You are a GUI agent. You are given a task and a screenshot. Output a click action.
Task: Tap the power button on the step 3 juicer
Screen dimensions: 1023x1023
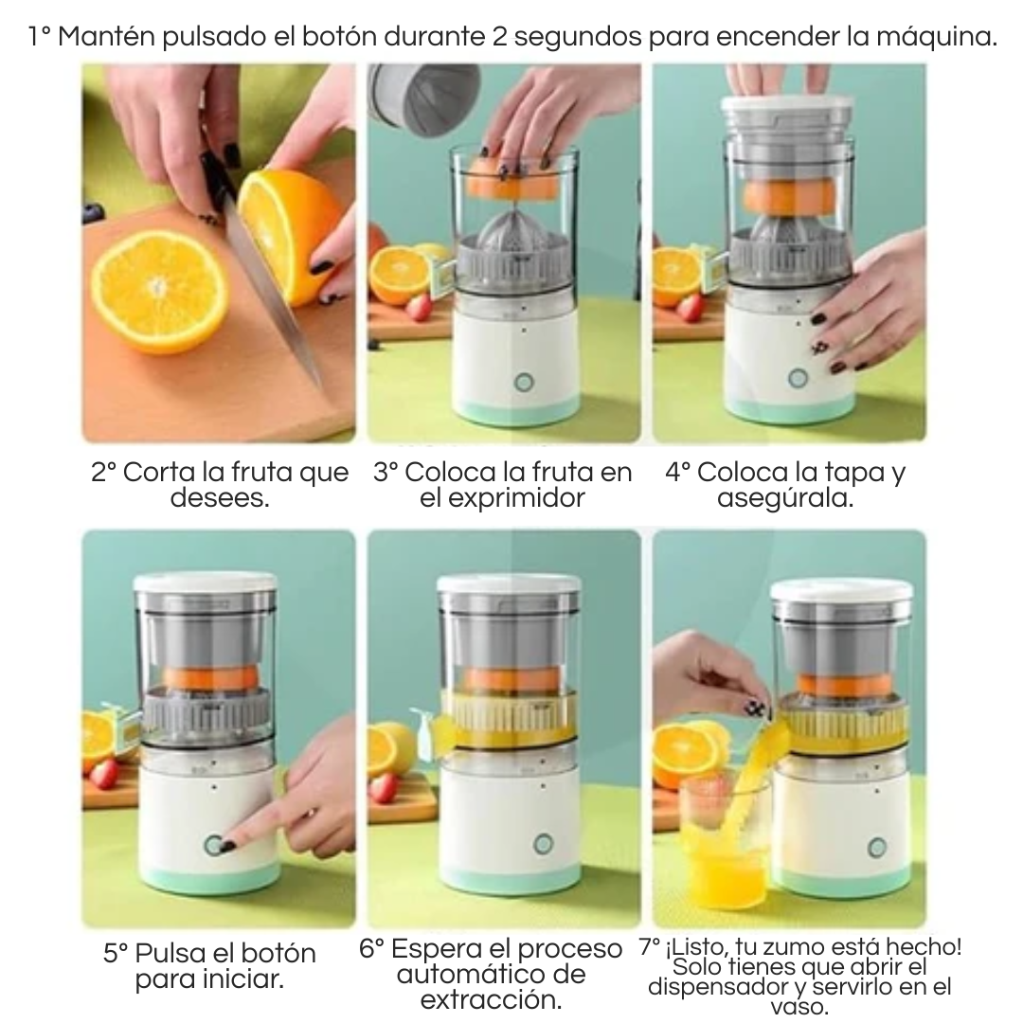pyautogui.click(x=522, y=383)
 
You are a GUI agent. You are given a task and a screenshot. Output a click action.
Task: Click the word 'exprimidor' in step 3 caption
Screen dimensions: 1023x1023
pyautogui.click(x=502, y=497)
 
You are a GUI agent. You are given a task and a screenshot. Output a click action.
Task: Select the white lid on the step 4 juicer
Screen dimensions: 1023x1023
pyautogui.click(x=788, y=112)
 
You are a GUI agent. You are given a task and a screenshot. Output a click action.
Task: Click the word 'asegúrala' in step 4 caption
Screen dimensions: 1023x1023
pyautogui.click(x=785, y=497)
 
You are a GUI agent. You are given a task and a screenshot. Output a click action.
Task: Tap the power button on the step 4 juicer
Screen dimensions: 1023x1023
pyautogui.click(x=798, y=378)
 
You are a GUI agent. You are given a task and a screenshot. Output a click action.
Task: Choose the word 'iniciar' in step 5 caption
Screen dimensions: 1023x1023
pyautogui.click(x=242, y=979)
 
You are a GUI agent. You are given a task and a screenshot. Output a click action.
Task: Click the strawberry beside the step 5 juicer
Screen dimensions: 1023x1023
pyautogui.click(x=104, y=774)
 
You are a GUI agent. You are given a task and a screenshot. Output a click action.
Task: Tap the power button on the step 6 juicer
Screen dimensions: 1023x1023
pyautogui.click(x=543, y=843)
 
